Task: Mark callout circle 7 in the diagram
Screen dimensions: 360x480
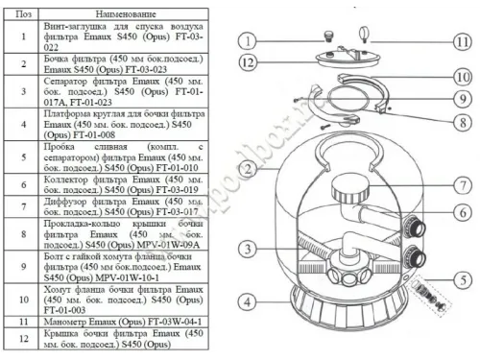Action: point(462,183)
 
